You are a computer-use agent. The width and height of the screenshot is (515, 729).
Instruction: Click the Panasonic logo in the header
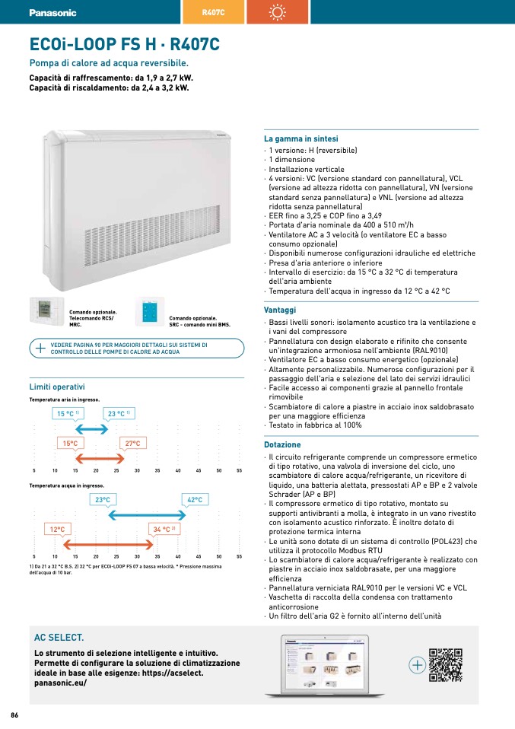coord(52,13)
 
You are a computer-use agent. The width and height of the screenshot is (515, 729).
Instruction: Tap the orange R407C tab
coord(214,13)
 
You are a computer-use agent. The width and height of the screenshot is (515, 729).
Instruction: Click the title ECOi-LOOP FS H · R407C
coord(124,45)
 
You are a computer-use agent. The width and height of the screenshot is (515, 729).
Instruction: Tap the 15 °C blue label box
coord(68,414)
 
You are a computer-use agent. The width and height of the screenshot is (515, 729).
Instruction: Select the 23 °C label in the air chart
coord(119,414)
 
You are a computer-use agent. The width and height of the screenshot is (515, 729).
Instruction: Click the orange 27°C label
coord(133,443)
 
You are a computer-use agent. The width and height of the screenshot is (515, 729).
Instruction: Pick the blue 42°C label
coord(194,500)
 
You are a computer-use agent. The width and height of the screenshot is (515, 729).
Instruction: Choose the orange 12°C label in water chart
coord(57,529)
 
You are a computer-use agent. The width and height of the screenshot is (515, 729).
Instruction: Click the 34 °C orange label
coord(164,529)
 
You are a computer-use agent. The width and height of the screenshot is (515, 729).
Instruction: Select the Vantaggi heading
coord(280,310)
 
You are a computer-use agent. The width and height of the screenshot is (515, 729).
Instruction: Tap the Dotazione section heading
coord(282,444)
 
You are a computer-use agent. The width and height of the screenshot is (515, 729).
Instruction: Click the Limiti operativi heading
coord(57,387)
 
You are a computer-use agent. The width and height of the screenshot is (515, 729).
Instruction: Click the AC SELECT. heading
coord(59,637)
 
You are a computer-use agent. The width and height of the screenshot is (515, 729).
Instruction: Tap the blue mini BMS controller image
coord(148,313)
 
